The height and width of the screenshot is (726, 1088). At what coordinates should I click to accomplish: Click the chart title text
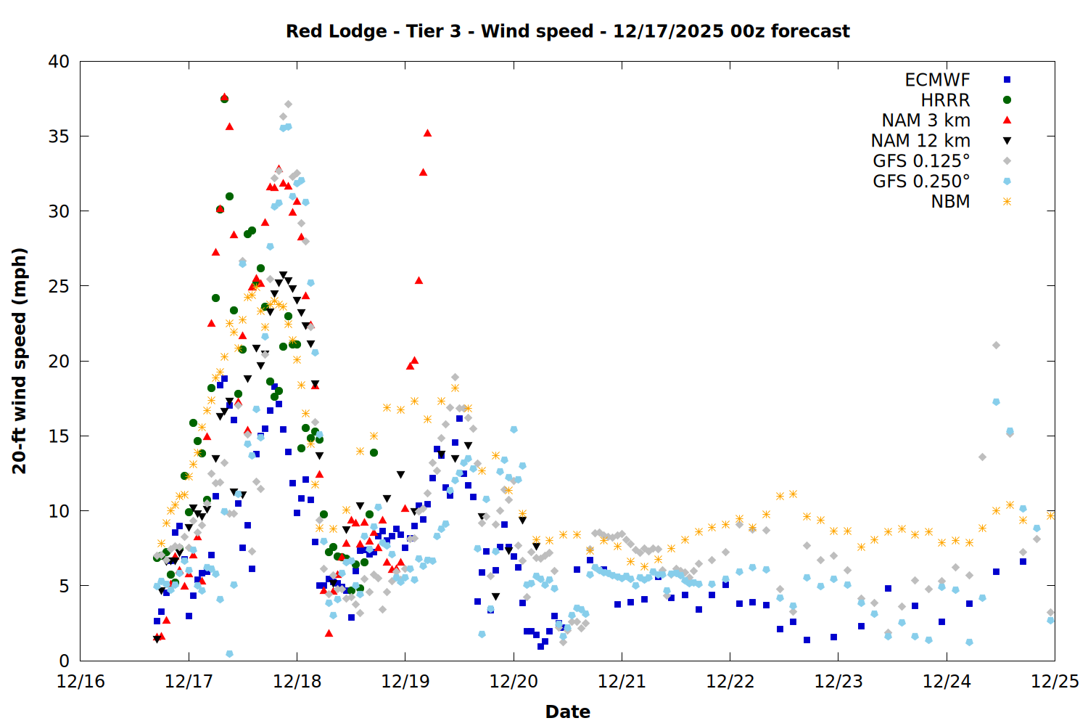[567, 31]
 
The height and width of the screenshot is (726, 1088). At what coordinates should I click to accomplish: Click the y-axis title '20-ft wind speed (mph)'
[20, 361]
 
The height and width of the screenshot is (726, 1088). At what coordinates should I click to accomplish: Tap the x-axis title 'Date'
[567, 711]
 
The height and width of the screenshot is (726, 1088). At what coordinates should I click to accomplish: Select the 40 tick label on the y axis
[59, 62]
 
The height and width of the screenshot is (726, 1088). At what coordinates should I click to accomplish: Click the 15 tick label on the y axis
[59, 436]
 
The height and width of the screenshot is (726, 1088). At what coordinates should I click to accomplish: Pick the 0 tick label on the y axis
[64, 661]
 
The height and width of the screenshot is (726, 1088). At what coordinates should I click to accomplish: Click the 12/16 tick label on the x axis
[81, 682]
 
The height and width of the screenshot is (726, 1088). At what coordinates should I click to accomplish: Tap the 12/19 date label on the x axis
[405, 682]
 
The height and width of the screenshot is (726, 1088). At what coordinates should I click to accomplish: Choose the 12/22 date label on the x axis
[730, 682]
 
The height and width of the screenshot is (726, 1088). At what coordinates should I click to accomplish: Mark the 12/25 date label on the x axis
[1055, 682]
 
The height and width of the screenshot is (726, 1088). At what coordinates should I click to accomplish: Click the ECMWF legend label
[937, 80]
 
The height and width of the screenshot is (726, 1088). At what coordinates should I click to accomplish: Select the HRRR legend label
[945, 100]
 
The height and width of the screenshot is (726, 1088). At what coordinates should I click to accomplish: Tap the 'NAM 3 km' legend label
[926, 121]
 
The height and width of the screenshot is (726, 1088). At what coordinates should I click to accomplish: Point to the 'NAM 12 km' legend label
[920, 141]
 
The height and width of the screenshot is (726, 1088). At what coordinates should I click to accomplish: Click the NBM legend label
[950, 202]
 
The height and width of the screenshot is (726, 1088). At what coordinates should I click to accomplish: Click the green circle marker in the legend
[1007, 100]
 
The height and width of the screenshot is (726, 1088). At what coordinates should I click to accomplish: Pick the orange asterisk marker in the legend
[1007, 202]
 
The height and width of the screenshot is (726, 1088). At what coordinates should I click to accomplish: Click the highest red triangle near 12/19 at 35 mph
[428, 133]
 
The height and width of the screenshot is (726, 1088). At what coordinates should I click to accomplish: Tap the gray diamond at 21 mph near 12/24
[996, 346]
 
